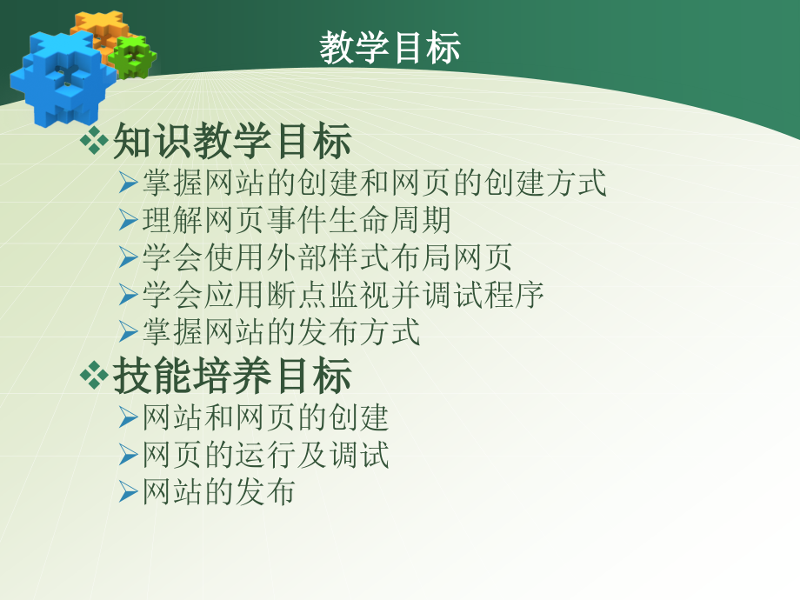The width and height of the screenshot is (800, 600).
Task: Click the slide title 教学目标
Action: tap(390, 49)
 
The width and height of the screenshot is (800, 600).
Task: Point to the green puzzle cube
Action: tap(132, 57)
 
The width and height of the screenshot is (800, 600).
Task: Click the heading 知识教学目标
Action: tap(232, 142)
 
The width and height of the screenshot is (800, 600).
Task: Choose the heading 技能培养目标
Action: tap(232, 377)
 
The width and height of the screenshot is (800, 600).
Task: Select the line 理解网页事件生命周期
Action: tap(297, 221)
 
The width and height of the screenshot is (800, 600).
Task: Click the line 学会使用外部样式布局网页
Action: tap(327, 257)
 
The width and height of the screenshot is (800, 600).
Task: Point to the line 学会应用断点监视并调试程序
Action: tap(343, 295)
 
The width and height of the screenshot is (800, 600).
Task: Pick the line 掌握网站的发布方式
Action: tap(281, 331)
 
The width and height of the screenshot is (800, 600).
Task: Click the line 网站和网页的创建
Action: tap(265, 418)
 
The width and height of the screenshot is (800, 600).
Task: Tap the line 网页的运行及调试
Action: tap(265, 456)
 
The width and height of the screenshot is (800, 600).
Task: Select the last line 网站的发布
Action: tap(218, 493)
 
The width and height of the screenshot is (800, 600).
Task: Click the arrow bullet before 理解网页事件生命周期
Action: tap(129, 221)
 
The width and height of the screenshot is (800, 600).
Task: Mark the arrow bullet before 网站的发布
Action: tap(129, 493)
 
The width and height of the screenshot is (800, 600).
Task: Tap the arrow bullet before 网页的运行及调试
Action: tap(129, 456)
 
